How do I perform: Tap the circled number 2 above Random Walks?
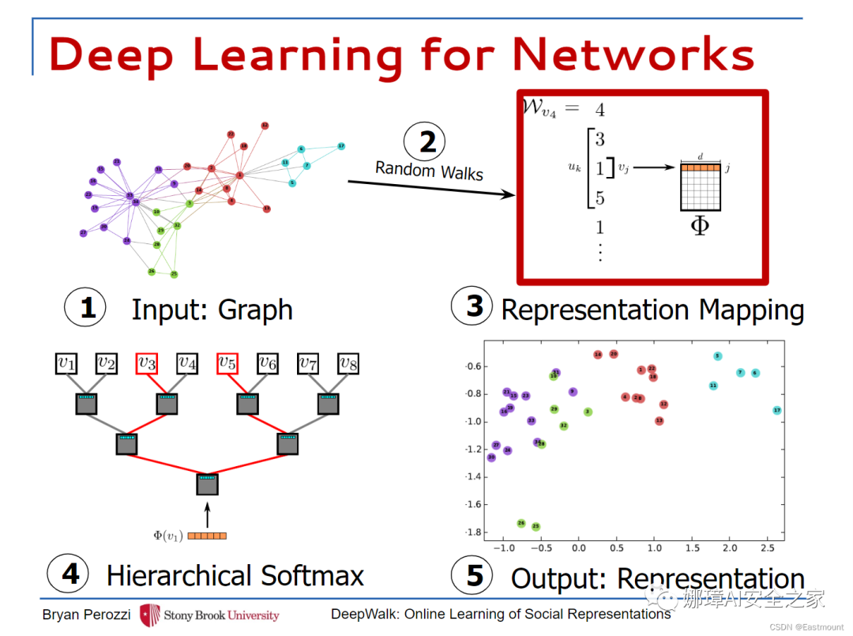427,142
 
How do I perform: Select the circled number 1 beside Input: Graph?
87,307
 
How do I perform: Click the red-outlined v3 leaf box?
147,363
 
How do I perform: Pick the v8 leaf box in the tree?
348,363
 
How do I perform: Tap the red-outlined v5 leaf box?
227,363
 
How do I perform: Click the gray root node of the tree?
207,484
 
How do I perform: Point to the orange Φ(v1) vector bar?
207,536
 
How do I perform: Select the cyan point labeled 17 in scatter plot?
777,411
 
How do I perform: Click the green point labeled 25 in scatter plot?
535,526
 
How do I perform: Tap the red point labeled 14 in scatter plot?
598,355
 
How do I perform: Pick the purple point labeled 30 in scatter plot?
491,457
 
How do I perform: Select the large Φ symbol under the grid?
700,225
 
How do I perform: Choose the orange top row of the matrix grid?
701,167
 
